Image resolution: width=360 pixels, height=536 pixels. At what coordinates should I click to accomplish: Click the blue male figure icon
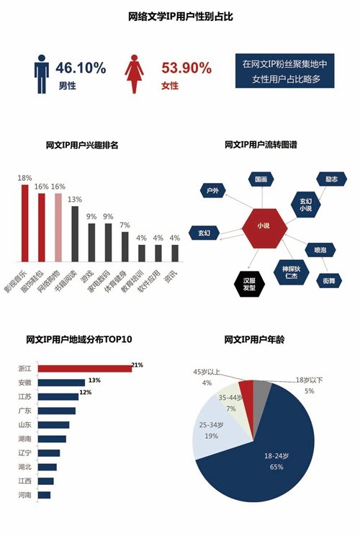pyautogui.click(x=41, y=73)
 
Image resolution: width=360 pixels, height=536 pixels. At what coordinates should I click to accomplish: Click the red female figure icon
pyautogui.click(x=134, y=73)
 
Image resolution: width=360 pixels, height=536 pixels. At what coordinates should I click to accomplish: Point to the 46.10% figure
pyautogui.click(x=81, y=68)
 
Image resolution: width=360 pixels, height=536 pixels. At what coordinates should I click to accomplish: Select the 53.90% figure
pyautogui.click(x=186, y=68)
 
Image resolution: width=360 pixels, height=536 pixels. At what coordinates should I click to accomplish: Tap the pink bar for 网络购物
pyautogui.click(x=58, y=228)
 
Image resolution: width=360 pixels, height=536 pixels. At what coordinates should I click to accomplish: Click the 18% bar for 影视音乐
pyautogui.click(x=25, y=223)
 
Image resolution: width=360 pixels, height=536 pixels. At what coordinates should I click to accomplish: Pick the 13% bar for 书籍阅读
pyautogui.click(x=75, y=234)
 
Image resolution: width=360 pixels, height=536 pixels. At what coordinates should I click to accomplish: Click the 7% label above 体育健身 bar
pyautogui.click(x=125, y=225)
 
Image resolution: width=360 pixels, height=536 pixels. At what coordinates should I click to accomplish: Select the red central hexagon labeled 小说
pyautogui.click(x=264, y=228)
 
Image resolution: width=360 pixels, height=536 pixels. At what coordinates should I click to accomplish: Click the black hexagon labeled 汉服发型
pyautogui.click(x=249, y=284)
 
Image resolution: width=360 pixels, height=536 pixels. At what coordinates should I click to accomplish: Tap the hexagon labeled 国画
pyautogui.click(x=261, y=179)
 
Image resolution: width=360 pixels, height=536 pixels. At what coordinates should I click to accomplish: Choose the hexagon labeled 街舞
pyautogui.click(x=329, y=281)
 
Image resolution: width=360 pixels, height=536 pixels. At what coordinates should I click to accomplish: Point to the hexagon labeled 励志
pyautogui.click(x=331, y=179)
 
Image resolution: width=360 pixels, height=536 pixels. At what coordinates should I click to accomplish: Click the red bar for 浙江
pyautogui.click(x=85, y=369)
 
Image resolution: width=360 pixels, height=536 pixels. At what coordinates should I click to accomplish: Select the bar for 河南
pyautogui.click(x=44, y=495)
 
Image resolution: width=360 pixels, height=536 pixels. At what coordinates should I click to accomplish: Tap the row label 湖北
pyautogui.click(x=24, y=467)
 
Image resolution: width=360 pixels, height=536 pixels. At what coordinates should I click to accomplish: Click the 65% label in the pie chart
pyautogui.click(x=276, y=467)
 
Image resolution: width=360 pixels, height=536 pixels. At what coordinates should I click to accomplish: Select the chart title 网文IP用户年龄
pyautogui.click(x=254, y=339)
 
